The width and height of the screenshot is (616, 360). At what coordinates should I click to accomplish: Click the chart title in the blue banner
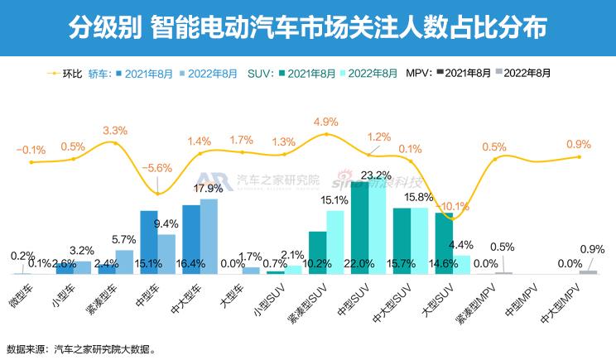(x=307, y=28)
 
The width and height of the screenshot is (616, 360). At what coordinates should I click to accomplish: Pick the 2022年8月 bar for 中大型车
(x=209, y=236)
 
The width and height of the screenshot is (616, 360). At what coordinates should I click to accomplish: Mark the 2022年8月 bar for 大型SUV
(x=462, y=263)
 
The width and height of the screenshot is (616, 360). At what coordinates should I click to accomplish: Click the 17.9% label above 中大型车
(x=208, y=188)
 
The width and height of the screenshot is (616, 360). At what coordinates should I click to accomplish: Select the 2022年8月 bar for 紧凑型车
(x=124, y=262)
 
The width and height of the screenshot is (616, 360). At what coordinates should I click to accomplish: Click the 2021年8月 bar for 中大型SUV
(x=402, y=240)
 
